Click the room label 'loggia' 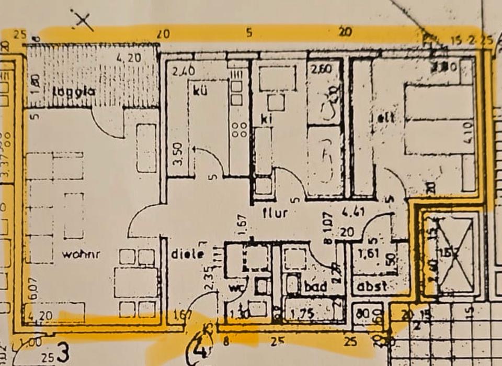74,91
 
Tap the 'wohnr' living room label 81,254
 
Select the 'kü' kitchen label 200,90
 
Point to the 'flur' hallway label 275,213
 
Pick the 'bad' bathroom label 315,287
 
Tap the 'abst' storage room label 372,287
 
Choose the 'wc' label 236,289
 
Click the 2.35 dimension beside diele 209,278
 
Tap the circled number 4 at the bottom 200,348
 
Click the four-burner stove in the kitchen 239,129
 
